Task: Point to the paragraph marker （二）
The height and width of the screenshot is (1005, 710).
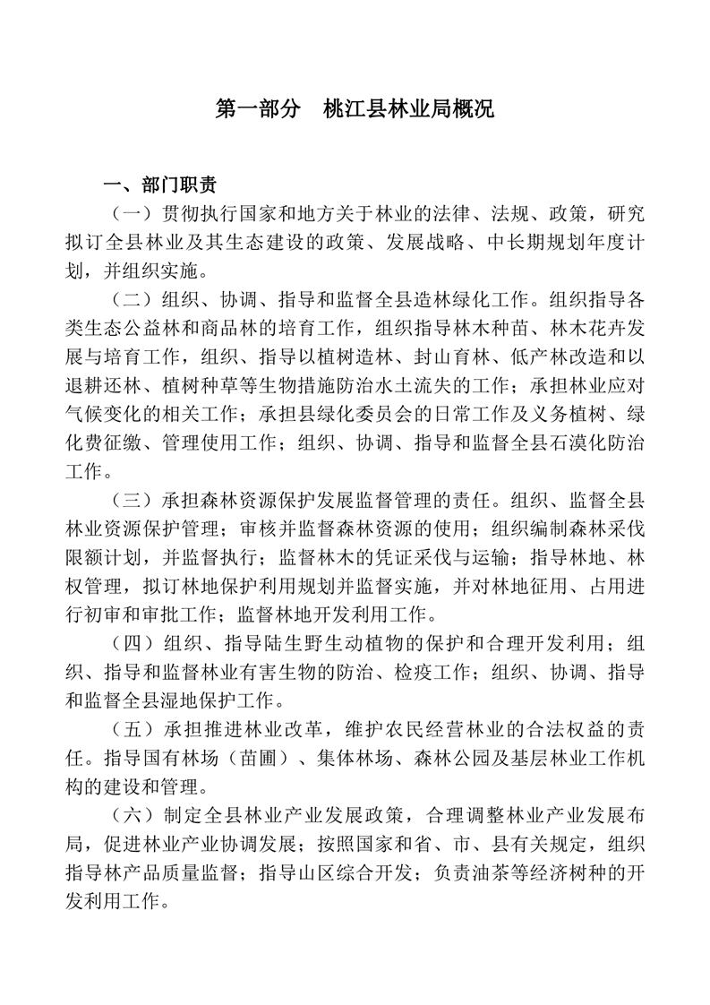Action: (133, 300)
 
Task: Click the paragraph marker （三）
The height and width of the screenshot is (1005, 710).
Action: (133, 500)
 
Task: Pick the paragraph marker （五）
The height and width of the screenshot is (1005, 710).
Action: (133, 730)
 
